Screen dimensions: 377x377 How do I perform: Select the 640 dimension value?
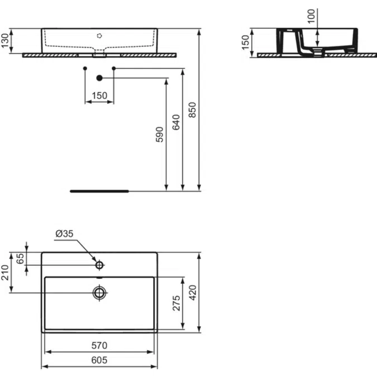click(x=176, y=122)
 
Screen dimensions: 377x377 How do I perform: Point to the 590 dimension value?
click(x=160, y=135)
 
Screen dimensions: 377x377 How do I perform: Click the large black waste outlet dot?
click(x=99, y=78)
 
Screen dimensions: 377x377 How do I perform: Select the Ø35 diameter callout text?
click(x=64, y=235)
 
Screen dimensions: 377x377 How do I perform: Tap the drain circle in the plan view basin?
click(x=99, y=292)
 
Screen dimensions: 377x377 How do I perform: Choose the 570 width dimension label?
click(x=99, y=345)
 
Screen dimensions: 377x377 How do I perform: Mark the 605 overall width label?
click(x=99, y=360)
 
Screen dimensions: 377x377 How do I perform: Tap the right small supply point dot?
click(x=114, y=68)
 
